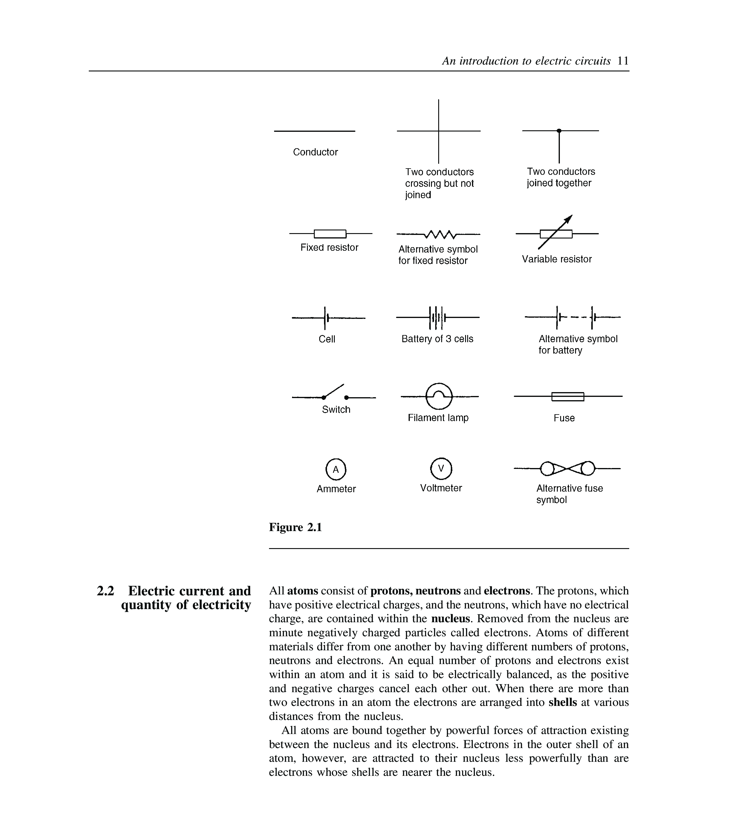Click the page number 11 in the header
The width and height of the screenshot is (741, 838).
point(623,61)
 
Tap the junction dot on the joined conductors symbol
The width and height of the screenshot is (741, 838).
point(559,131)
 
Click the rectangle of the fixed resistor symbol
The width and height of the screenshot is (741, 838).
point(330,234)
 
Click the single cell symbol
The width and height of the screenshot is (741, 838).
point(326,318)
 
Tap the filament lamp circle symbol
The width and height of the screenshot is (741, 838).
point(439,396)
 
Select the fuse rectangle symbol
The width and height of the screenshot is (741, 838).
point(568,397)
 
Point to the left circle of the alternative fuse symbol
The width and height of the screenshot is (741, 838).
point(547,468)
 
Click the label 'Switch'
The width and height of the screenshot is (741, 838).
point(336,409)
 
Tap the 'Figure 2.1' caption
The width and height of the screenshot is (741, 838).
point(295,527)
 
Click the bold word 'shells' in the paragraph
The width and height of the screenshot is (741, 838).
point(563,702)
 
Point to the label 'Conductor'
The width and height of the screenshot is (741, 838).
point(315,152)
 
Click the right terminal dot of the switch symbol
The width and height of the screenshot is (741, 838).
point(346,397)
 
